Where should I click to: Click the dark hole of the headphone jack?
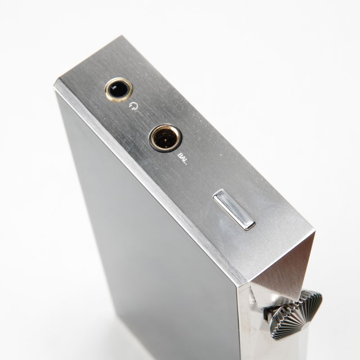(x=118, y=89)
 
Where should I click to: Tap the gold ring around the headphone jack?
(x=106, y=90)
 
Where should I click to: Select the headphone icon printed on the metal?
(x=133, y=108)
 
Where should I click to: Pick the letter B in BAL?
(x=180, y=156)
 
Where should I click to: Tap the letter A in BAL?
(x=183, y=159)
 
